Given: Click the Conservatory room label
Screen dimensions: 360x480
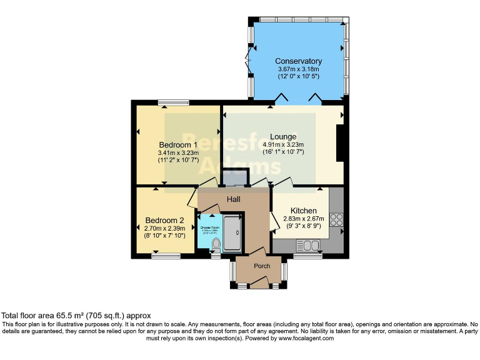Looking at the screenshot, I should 299,61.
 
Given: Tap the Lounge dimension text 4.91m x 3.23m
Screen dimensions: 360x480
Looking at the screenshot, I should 283,144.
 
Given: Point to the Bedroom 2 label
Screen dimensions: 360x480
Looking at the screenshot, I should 164,220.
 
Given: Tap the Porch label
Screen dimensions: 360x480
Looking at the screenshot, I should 262,266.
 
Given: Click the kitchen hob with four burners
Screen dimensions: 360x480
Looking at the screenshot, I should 336,219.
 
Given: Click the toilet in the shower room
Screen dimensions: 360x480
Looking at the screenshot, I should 216,247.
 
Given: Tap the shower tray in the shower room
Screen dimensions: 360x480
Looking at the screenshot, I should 231,232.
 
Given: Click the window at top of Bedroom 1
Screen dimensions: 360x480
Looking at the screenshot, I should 174,102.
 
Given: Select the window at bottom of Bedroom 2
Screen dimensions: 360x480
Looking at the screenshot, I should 166,255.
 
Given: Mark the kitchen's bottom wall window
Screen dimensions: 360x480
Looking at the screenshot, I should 307,255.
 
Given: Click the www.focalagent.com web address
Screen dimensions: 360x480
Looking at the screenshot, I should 306,338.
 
